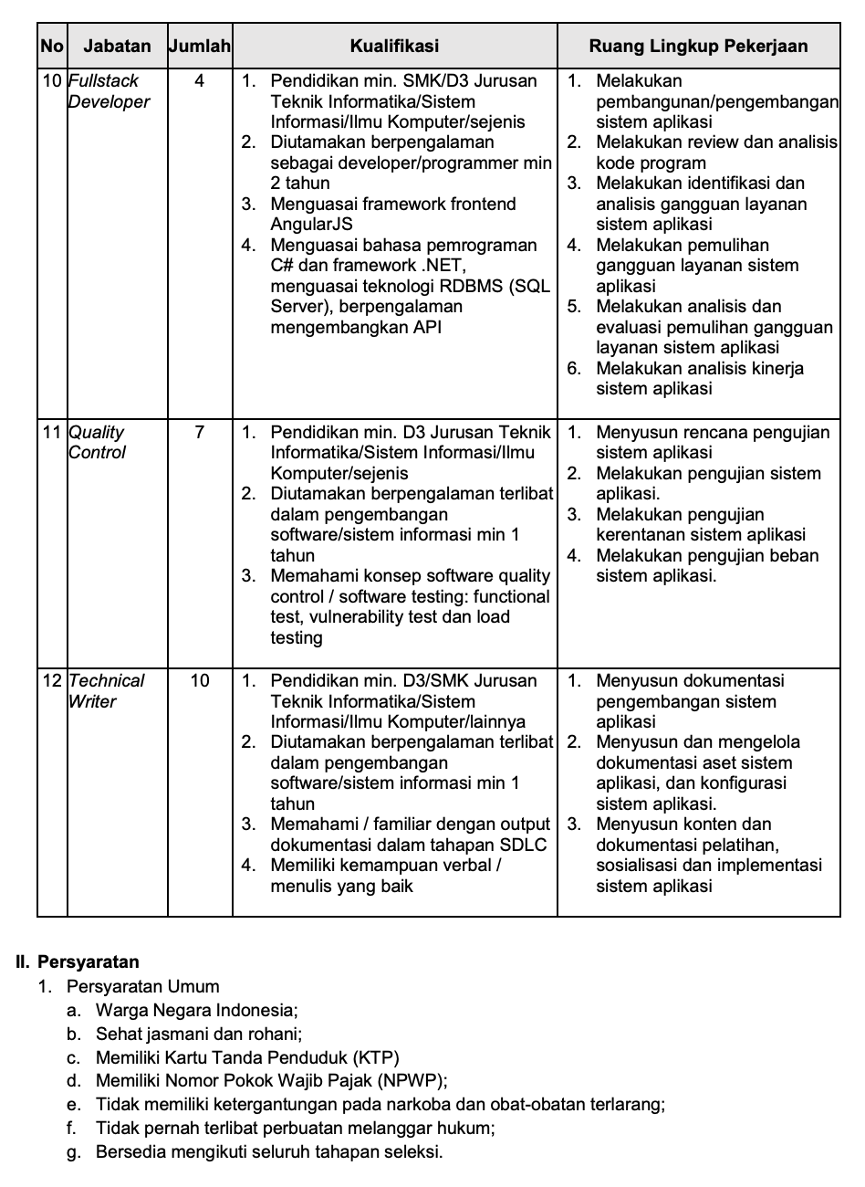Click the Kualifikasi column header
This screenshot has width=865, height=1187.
(x=394, y=47)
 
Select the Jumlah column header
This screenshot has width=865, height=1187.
(x=200, y=47)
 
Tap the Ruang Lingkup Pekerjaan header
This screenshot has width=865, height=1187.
(x=698, y=47)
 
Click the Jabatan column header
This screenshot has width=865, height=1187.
(x=117, y=47)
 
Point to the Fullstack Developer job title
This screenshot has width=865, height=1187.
(x=109, y=91)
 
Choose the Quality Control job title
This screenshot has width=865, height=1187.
(x=97, y=442)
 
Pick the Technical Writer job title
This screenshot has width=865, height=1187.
(x=106, y=691)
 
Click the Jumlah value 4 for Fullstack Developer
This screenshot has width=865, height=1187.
(x=200, y=81)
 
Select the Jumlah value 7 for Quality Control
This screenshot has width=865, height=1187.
(x=200, y=433)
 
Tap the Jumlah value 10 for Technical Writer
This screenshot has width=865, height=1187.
(x=200, y=681)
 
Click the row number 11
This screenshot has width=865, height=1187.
(x=52, y=433)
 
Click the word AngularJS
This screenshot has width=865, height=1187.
(x=311, y=225)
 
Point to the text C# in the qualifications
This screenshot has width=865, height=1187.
(x=282, y=266)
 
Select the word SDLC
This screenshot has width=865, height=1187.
(x=522, y=845)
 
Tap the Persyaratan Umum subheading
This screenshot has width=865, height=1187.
(x=142, y=986)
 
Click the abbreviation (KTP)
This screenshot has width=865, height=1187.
(x=377, y=1058)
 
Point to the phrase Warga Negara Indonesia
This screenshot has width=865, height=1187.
(x=196, y=1010)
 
